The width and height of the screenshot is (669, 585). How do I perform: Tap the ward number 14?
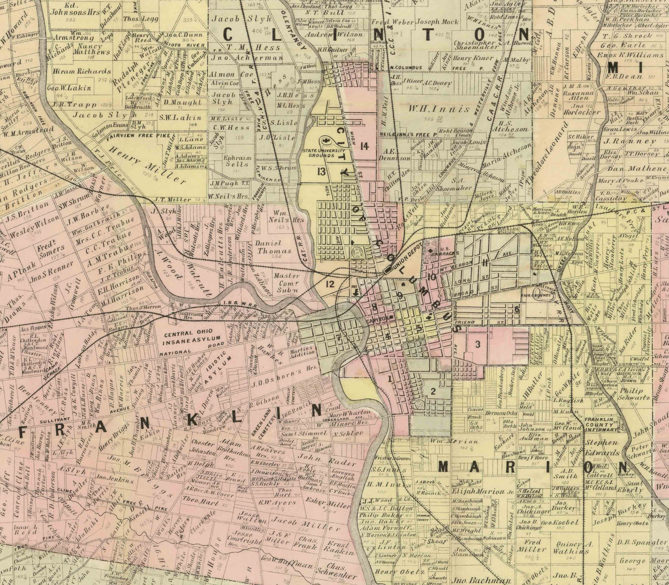[364, 146]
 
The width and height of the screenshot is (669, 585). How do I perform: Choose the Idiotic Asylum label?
[216, 364]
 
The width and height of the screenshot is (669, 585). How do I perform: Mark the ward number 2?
[433, 392]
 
